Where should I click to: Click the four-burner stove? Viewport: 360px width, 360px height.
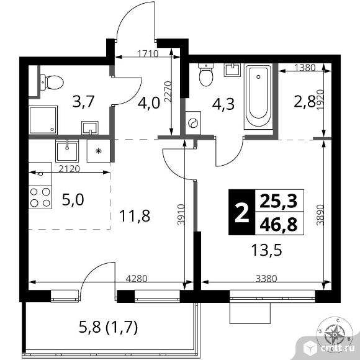(x=40, y=197)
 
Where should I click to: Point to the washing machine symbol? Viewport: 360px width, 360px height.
(x=193, y=122)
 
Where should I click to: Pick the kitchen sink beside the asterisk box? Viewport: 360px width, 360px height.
(x=66, y=151)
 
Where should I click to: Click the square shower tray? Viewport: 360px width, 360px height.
(x=42, y=118)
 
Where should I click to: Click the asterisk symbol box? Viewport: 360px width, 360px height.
(x=97, y=151)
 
